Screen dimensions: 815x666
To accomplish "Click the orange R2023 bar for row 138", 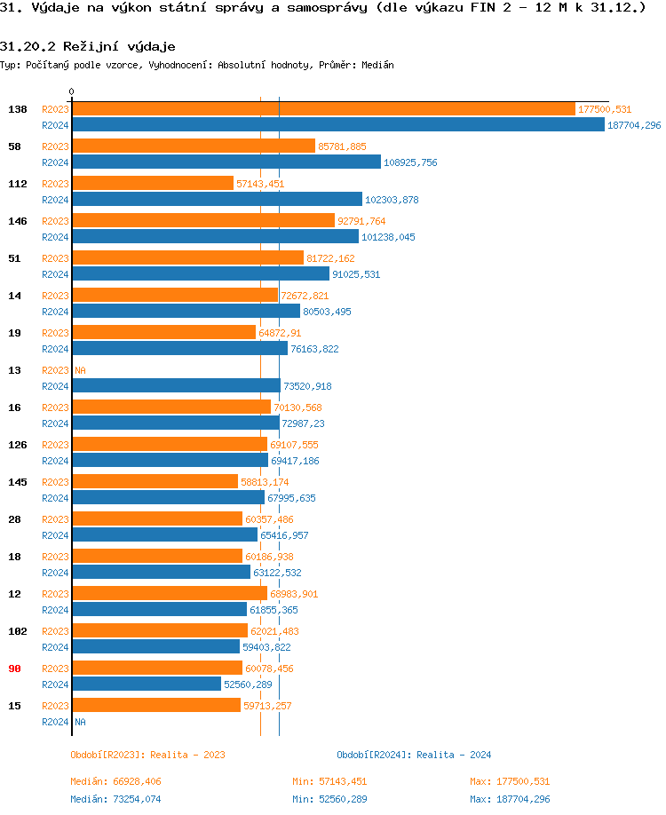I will pos(323,108).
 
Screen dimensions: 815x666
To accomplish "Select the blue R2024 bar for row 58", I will pos(226,162).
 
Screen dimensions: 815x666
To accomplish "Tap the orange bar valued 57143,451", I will pos(153,183).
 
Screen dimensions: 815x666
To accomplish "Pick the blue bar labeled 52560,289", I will pos(147,684).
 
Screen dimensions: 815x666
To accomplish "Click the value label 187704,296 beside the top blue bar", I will pos(634,125).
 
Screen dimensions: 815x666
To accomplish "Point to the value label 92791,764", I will pos(361,221).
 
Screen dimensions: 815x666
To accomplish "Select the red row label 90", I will pos(15,669).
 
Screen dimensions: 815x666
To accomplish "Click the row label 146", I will pos(18,221).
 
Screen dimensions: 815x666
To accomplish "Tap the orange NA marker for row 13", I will pos(80,370).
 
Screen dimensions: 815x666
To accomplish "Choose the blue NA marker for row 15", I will pos(80,722).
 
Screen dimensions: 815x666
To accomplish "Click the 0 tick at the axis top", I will pos(72,91).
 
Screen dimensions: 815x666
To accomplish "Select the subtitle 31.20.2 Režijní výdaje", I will pos(87,46).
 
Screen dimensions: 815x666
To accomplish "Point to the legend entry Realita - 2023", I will pos(147,755).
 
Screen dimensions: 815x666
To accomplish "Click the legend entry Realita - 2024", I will pos(414,755).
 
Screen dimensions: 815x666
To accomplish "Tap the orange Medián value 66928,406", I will pos(115,781).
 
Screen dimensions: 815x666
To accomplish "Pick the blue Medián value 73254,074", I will pos(115,799).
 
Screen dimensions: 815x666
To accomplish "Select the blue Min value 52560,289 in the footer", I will pos(329,799).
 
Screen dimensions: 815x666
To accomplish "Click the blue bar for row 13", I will pos(176,385).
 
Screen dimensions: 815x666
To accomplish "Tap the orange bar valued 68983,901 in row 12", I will pos(170,593).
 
